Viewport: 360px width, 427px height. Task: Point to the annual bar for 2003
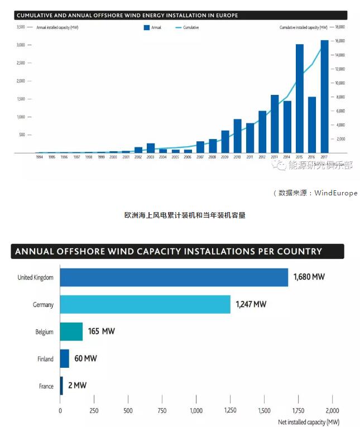[151, 148]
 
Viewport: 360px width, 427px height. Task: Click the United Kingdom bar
[174, 277]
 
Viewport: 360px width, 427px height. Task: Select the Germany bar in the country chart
[145, 304]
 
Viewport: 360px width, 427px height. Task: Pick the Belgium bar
[71, 332]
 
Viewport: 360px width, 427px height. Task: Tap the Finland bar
[64, 358]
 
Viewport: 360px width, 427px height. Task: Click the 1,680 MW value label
[309, 277]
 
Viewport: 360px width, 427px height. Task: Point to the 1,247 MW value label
[251, 304]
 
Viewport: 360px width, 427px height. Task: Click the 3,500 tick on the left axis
[21, 27]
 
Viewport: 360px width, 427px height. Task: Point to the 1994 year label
[39, 157]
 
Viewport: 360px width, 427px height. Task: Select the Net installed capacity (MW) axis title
[309, 422]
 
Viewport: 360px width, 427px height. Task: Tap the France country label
[46, 386]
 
